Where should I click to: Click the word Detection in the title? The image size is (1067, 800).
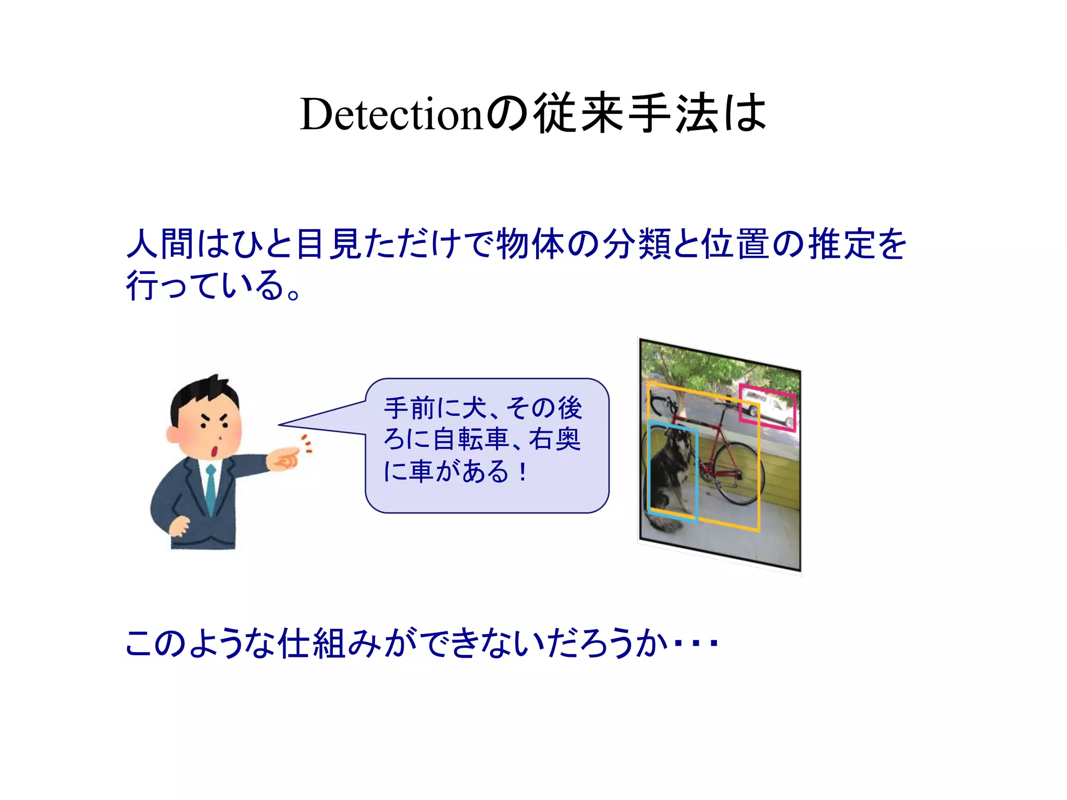(x=392, y=115)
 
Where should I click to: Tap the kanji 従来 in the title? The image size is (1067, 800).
(x=578, y=113)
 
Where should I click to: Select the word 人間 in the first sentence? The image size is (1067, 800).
(x=159, y=244)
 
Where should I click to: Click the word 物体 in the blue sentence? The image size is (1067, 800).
(x=530, y=244)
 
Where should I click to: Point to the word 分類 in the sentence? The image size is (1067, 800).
(x=637, y=244)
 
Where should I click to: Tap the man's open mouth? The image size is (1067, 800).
(x=214, y=451)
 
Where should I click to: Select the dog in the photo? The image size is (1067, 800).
(x=669, y=474)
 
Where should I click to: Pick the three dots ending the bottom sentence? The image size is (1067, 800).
(x=696, y=644)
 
